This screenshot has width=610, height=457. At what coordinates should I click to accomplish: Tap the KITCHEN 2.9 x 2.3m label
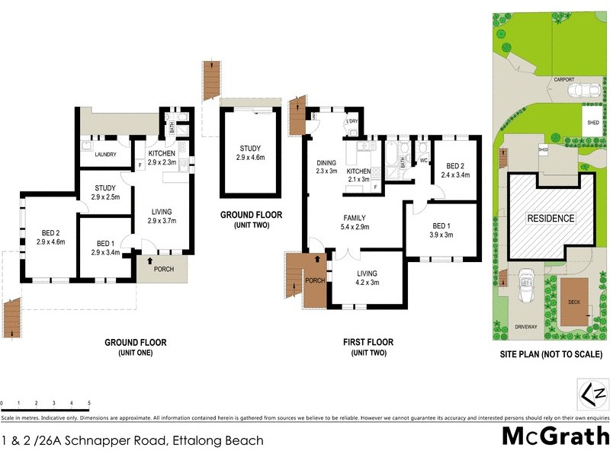point(162,156)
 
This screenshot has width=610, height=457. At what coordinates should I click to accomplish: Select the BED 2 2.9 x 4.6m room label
point(47,236)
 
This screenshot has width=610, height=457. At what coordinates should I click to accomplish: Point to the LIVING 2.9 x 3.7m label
point(161,216)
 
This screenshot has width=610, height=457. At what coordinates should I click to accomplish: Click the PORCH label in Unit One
point(164,269)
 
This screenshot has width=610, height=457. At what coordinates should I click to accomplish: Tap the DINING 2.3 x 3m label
point(326,166)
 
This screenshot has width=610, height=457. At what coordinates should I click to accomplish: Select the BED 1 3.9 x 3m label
point(441,231)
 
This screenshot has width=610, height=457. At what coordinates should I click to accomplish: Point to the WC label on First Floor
point(423,161)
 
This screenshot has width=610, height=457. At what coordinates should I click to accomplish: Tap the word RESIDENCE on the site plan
point(552,219)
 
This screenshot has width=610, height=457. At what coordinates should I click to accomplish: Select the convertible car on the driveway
point(525,287)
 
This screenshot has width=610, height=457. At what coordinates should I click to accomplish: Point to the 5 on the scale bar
point(89,402)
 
